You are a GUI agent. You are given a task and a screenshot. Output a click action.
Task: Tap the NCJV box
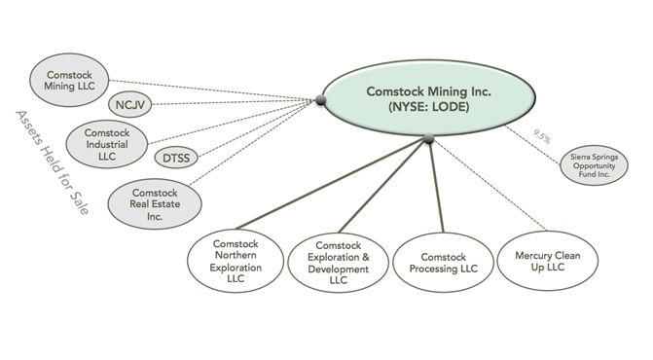(x=128, y=104)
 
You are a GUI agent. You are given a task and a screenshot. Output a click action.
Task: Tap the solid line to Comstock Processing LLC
(x=434, y=190)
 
